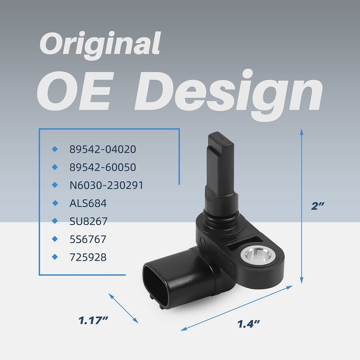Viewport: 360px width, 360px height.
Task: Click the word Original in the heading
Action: (x=100, y=45)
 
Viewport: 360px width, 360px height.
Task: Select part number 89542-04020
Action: (x=103, y=149)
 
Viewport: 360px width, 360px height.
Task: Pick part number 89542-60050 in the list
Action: (x=103, y=167)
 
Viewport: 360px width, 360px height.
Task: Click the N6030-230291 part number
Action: (x=106, y=185)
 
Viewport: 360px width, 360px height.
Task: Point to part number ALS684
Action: (x=88, y=203)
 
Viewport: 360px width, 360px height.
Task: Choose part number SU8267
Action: (x=89, y=221)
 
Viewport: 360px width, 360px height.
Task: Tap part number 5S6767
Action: (x=88, y=239)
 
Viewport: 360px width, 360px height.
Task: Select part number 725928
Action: (x=88, y=257)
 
